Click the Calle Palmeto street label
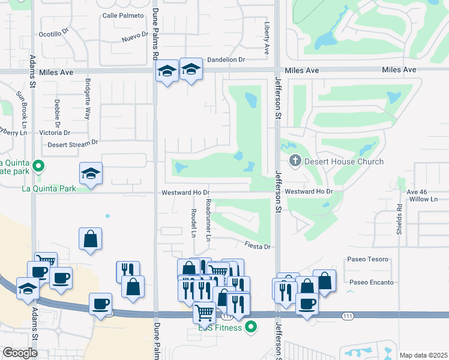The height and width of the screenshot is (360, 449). [123, 15]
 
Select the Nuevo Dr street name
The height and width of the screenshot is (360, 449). [134, 37]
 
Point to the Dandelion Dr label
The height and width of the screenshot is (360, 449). [226, 59]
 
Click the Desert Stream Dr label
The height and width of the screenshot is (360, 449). [72, 144]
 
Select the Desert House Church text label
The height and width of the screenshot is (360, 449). [344, 161]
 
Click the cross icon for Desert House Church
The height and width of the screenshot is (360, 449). [295, 161]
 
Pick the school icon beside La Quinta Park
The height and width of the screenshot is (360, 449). [91, 173]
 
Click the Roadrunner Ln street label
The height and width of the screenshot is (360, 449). [208, 220]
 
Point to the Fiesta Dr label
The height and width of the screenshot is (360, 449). [258, 246]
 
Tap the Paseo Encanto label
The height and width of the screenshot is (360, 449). [372, 283]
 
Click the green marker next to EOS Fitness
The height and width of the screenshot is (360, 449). [251, 327]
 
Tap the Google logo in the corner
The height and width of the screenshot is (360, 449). [20, 353]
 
